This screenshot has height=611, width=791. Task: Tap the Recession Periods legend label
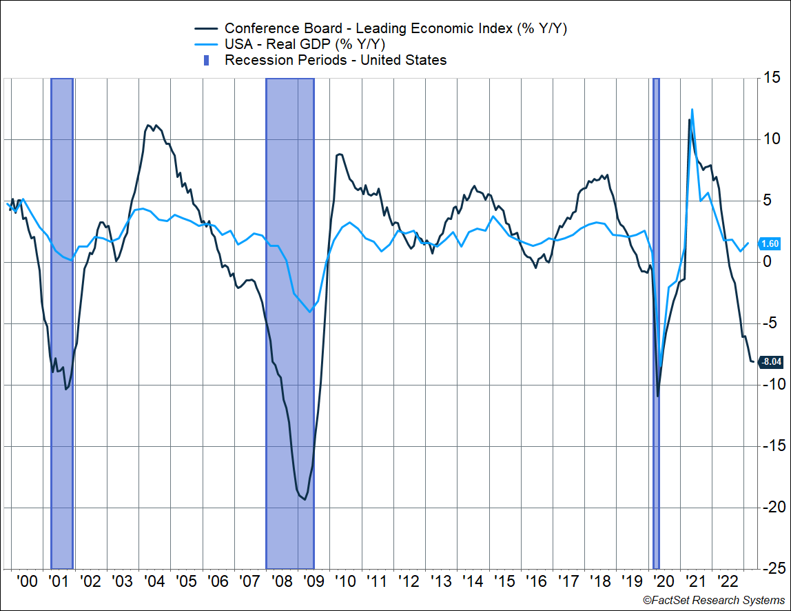tap(336, 60)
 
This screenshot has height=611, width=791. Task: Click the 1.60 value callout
tap(770, 243)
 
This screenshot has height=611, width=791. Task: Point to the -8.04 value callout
tap(770, 361)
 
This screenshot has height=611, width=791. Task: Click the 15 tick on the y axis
tap(774, 79)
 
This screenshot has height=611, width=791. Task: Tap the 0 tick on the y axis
tap(766, 262)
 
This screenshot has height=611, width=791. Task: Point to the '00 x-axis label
tap(28, 581)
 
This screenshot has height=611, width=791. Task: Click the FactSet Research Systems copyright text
tap(714, 601)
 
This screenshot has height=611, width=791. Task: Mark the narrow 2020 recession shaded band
tap(656, 324)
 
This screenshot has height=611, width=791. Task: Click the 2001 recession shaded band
tap(62, 324)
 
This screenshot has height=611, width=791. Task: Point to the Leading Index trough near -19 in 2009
tap(305, 499)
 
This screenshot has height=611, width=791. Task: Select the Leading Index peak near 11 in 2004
tap(149, 126)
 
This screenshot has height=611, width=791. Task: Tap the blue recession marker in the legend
tap(206, 60)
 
